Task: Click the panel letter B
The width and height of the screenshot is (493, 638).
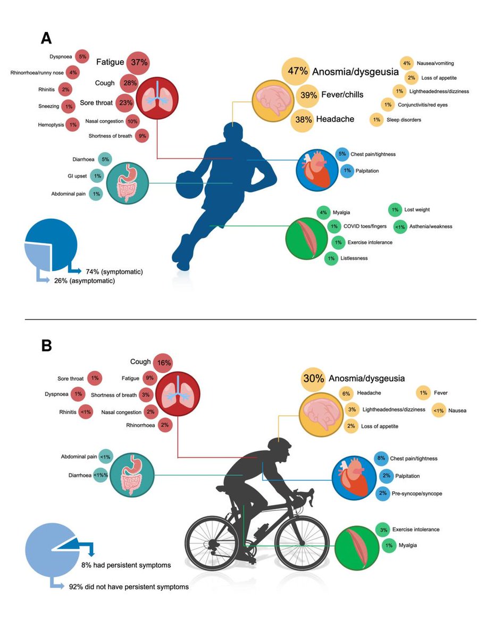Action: [x=47, y=346]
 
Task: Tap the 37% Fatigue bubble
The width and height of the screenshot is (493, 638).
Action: [x=139, y=63]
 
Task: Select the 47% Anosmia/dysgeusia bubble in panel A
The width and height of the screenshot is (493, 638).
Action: [x=295, y=71]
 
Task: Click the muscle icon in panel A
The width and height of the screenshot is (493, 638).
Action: [x=307, y=233]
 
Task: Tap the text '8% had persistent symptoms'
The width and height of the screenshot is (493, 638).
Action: [x=126, y=565]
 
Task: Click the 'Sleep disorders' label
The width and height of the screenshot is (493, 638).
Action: [x=403, y=120]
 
